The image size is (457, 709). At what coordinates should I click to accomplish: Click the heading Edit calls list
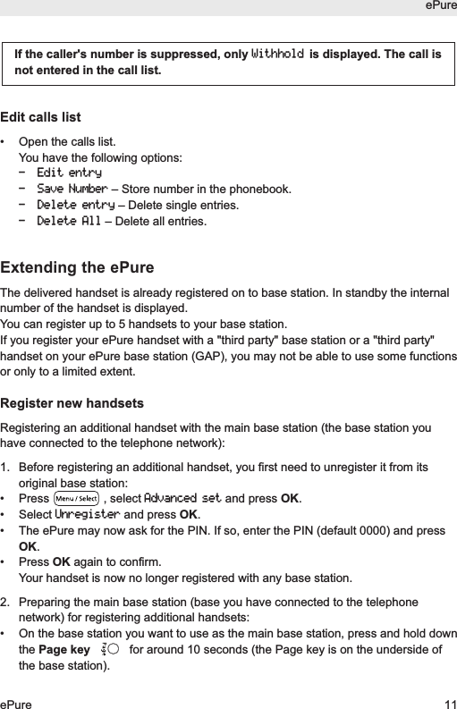[40, 117]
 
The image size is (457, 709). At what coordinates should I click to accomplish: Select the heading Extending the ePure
[77, 268]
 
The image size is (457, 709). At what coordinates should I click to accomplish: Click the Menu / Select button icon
[76, 498]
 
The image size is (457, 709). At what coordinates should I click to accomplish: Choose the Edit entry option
[69, 173]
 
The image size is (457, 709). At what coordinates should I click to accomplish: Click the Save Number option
[72, 189]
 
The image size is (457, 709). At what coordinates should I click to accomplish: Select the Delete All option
[69, 221]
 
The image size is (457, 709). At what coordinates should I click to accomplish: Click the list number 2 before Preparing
[5, 602]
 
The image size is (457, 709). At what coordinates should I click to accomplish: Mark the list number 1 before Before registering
[5, 467]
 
